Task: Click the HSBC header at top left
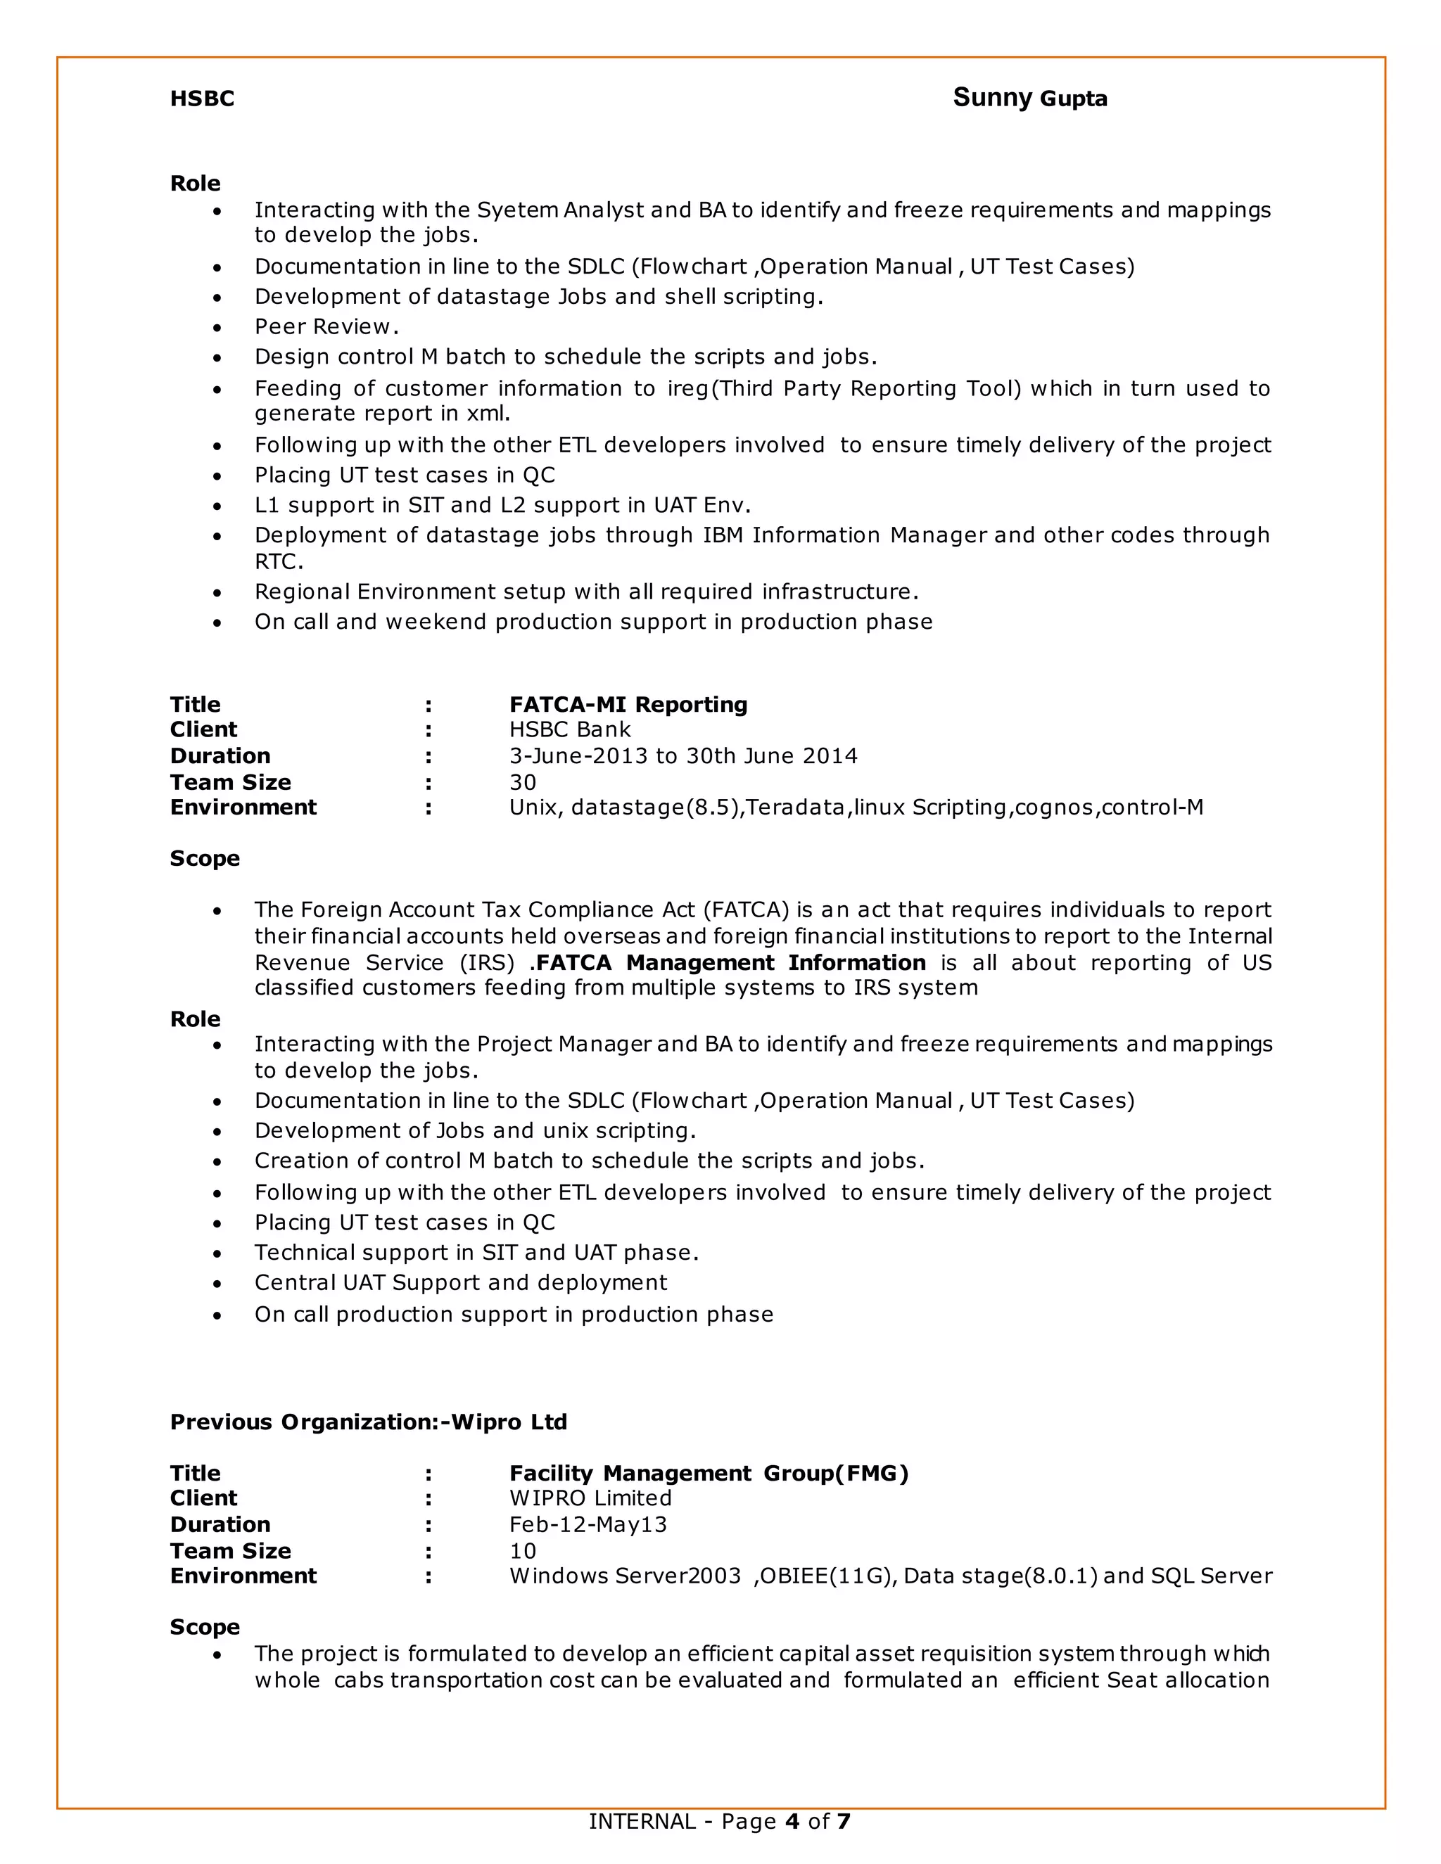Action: [x=201, y=99]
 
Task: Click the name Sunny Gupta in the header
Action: [x=1029, y=98]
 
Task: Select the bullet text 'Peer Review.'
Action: [x=326, y=327]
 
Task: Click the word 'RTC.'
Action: [x=279, y=561]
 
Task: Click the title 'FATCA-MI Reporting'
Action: [x=628, y=704]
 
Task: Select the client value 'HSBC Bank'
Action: [x=569, y=729]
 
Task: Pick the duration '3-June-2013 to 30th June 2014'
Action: [x=683, y=756]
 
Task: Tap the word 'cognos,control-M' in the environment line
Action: [x=1108, y=807]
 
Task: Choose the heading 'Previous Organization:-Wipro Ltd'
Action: [x=368, y=1422]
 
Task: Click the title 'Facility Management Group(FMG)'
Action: [x=709, y=1473]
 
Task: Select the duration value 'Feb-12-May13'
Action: [x=588, y=1524]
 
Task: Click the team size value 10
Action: [x=523, y=1551]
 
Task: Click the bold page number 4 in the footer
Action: [x=792, y=1821]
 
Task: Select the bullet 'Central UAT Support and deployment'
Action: [x=460, y=1283]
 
